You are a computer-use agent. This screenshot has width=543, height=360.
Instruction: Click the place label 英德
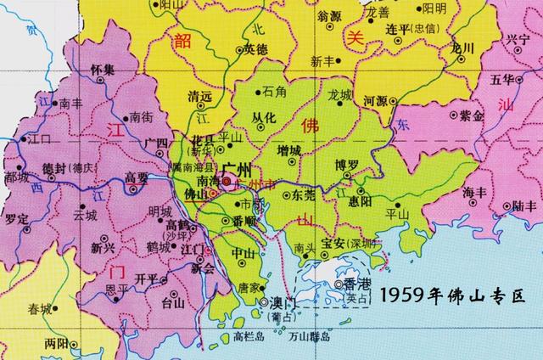(x=256, y=49)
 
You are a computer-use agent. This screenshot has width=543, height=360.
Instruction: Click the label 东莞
(x=304, y=194)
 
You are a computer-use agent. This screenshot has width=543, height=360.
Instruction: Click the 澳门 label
(x=278, y=302)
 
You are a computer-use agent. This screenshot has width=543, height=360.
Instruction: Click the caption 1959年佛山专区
(x=453, y=297)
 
